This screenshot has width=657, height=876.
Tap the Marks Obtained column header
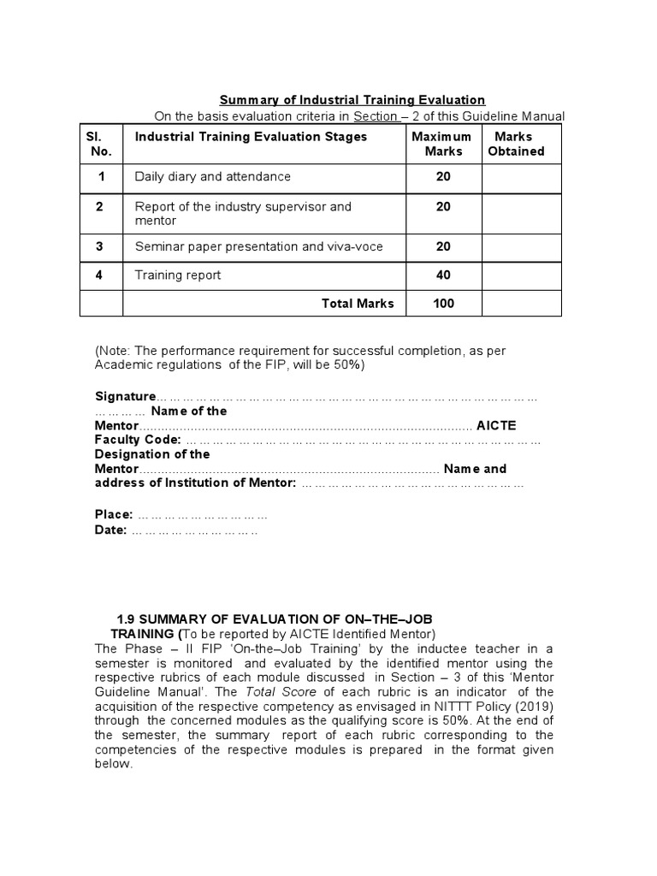516,144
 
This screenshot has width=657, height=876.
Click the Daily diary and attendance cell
212,176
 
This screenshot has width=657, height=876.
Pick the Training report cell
177,275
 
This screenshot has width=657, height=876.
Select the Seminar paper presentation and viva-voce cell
258,246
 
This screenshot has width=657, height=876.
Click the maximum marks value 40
443,275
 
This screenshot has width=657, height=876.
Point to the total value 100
443,303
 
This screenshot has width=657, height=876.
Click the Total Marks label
358,303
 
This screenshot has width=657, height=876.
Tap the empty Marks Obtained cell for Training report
521,275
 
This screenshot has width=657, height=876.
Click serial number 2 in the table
100,207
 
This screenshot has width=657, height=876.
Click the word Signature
125,396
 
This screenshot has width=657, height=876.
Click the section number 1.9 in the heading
126,619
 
